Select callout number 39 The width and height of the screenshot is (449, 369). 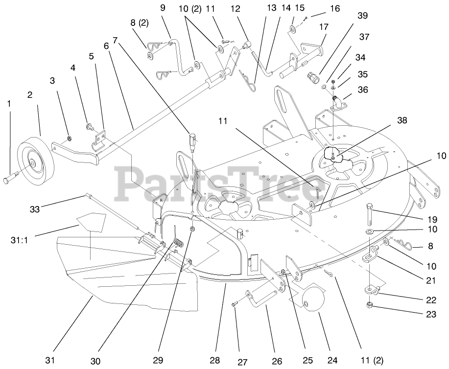point(363,16)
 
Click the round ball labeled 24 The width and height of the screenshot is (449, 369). point(313,299)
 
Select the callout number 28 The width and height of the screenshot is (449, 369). point(214,361)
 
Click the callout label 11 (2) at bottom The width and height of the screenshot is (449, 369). point(372,361)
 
